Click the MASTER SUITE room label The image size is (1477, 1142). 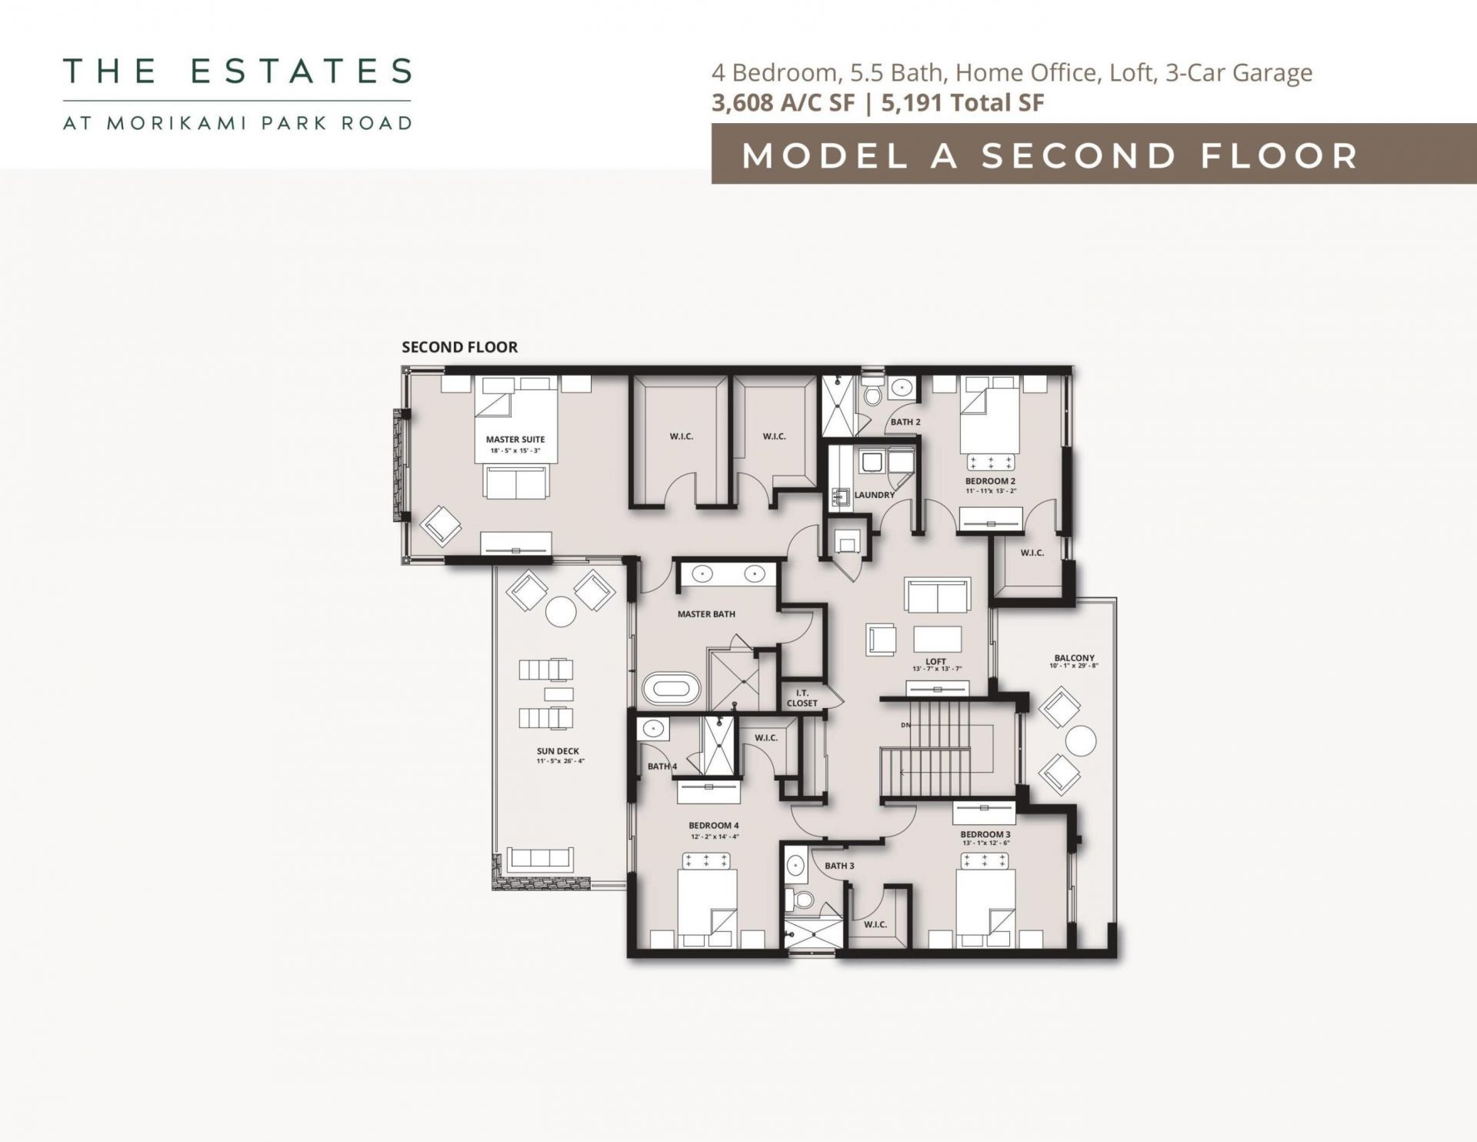click(515, 439)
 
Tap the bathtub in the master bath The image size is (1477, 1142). click(672, 689)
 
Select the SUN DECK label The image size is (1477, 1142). click(558, 751)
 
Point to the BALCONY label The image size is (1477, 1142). click(1074, 658)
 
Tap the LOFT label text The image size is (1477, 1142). click(935, 661)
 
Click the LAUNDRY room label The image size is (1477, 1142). click(874, 495)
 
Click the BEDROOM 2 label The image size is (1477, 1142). click(990, 481)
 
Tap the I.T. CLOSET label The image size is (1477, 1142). click(802, 698)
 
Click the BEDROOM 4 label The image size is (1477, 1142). click(714, 826)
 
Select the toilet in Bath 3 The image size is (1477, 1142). click(805, 899)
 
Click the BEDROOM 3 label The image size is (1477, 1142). click(985, 834)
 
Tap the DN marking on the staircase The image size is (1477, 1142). click(906, 725)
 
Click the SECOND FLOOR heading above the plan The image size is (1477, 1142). click(459, 347)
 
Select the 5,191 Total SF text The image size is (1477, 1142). click(962, 102)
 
